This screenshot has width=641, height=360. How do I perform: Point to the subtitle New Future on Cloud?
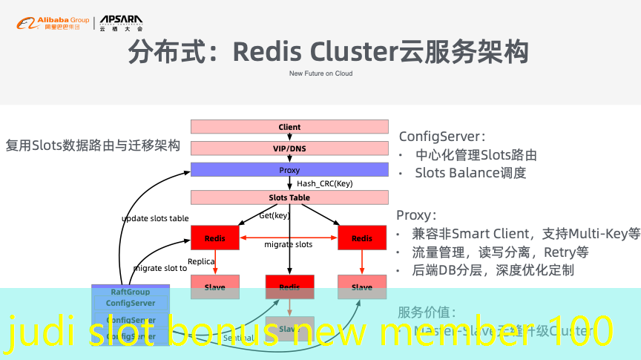(320, 73)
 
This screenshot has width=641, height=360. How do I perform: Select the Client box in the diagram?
(289, 127)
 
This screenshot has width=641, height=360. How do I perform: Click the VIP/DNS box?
(289, 148)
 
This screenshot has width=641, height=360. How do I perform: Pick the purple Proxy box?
(289, 170)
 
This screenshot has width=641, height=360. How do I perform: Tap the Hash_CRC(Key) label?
(324, 183)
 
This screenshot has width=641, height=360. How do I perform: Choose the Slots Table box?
(289, 197)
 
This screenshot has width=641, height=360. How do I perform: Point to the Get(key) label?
(274, 215)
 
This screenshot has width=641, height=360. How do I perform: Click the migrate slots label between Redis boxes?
(289, 244)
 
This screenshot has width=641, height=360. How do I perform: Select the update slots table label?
(155, 218)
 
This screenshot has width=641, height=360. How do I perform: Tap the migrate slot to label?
(160, 268)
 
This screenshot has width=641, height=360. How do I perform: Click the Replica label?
(201, 261)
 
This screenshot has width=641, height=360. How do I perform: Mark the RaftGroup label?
(130, 292)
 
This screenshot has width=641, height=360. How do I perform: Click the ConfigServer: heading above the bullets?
(442, 137)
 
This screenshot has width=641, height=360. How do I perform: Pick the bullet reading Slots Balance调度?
(470, 173)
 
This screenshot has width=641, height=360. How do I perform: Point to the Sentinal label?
(238, 338)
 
